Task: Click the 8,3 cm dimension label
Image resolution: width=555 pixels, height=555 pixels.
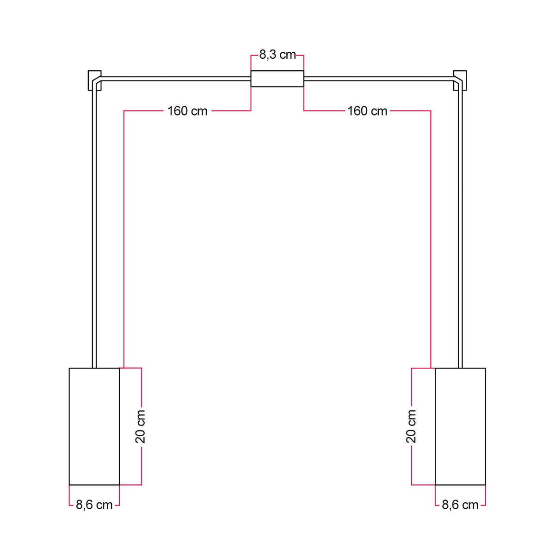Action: (277, 55)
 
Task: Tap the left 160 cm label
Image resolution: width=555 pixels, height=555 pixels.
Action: (187, 111)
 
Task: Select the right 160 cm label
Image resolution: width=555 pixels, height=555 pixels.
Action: (367, 111)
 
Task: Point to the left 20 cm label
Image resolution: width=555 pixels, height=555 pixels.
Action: (140, 426)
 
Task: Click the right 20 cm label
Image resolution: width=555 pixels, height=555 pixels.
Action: (411, 426)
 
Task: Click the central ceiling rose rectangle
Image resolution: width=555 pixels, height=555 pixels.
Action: (277, 79)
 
